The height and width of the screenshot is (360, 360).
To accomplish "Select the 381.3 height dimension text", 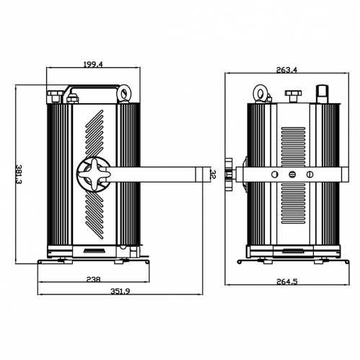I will (19, 174).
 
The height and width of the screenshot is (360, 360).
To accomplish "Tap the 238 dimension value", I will (92, 279).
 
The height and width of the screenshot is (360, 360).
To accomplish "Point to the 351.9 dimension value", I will (120, 291).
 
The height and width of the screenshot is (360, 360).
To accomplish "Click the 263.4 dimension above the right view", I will (286, 70).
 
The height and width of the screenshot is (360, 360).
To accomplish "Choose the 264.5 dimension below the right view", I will (286, 281).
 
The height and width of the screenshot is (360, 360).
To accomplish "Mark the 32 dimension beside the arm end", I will (213, 174).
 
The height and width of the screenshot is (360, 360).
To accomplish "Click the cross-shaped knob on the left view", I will (92, 174).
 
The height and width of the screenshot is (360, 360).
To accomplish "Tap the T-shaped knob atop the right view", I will (292, 95).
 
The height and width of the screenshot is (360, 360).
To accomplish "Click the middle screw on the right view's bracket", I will (292, 175).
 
